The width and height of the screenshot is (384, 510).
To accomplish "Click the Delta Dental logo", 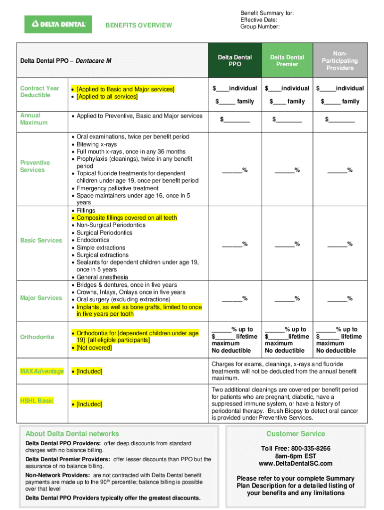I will [x=58, y=24].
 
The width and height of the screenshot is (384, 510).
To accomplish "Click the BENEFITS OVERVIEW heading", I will [x=139, y=25].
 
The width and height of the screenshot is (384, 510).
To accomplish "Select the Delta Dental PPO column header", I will [x=235, y=61].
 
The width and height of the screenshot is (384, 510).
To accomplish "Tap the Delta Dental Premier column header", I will [x=287, y=61].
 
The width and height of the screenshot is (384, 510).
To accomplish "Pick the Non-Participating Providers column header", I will [x=340, y=61].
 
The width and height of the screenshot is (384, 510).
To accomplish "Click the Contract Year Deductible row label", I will [x=39, y=92].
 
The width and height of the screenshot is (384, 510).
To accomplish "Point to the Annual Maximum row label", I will [x=34, y=119].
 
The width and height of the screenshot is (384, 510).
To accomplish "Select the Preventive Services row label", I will [x=35, y=166].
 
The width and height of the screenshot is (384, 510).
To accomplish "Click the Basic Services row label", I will [x=41, y=241].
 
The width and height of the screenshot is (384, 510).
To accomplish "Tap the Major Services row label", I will [x=41, y=298].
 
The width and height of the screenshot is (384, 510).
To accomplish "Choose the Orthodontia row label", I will [x=37, y=337].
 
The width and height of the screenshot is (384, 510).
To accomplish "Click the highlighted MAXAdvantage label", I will [x=41, y=372].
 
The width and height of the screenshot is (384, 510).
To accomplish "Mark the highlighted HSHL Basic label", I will [x=37, y=400].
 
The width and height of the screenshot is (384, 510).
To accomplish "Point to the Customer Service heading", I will [x=295, y=434].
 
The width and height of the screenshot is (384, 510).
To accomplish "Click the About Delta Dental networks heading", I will [x=72, y=434].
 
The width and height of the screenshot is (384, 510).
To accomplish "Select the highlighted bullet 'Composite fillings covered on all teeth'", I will [x=127, y=218].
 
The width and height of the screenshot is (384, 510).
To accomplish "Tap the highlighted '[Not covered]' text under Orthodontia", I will [x=94, y=348].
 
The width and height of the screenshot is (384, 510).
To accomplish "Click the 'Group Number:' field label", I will [x=260, y=27].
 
